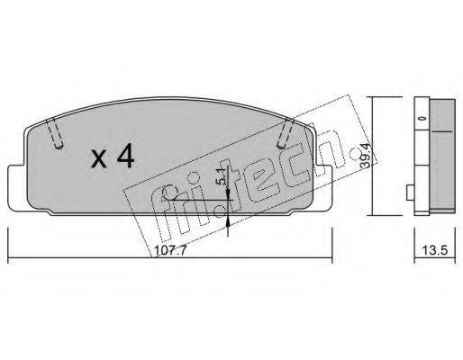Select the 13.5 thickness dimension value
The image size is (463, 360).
point(435,250)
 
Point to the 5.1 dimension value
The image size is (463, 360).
point(221,176)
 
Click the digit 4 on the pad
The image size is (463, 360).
point(126,157)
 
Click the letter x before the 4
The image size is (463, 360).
point(99,159)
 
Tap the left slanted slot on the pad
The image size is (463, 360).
point(55,132)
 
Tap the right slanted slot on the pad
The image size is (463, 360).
point(286,133)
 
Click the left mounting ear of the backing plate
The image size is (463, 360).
point(17,188)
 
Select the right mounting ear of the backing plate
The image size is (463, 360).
point(324,188)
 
